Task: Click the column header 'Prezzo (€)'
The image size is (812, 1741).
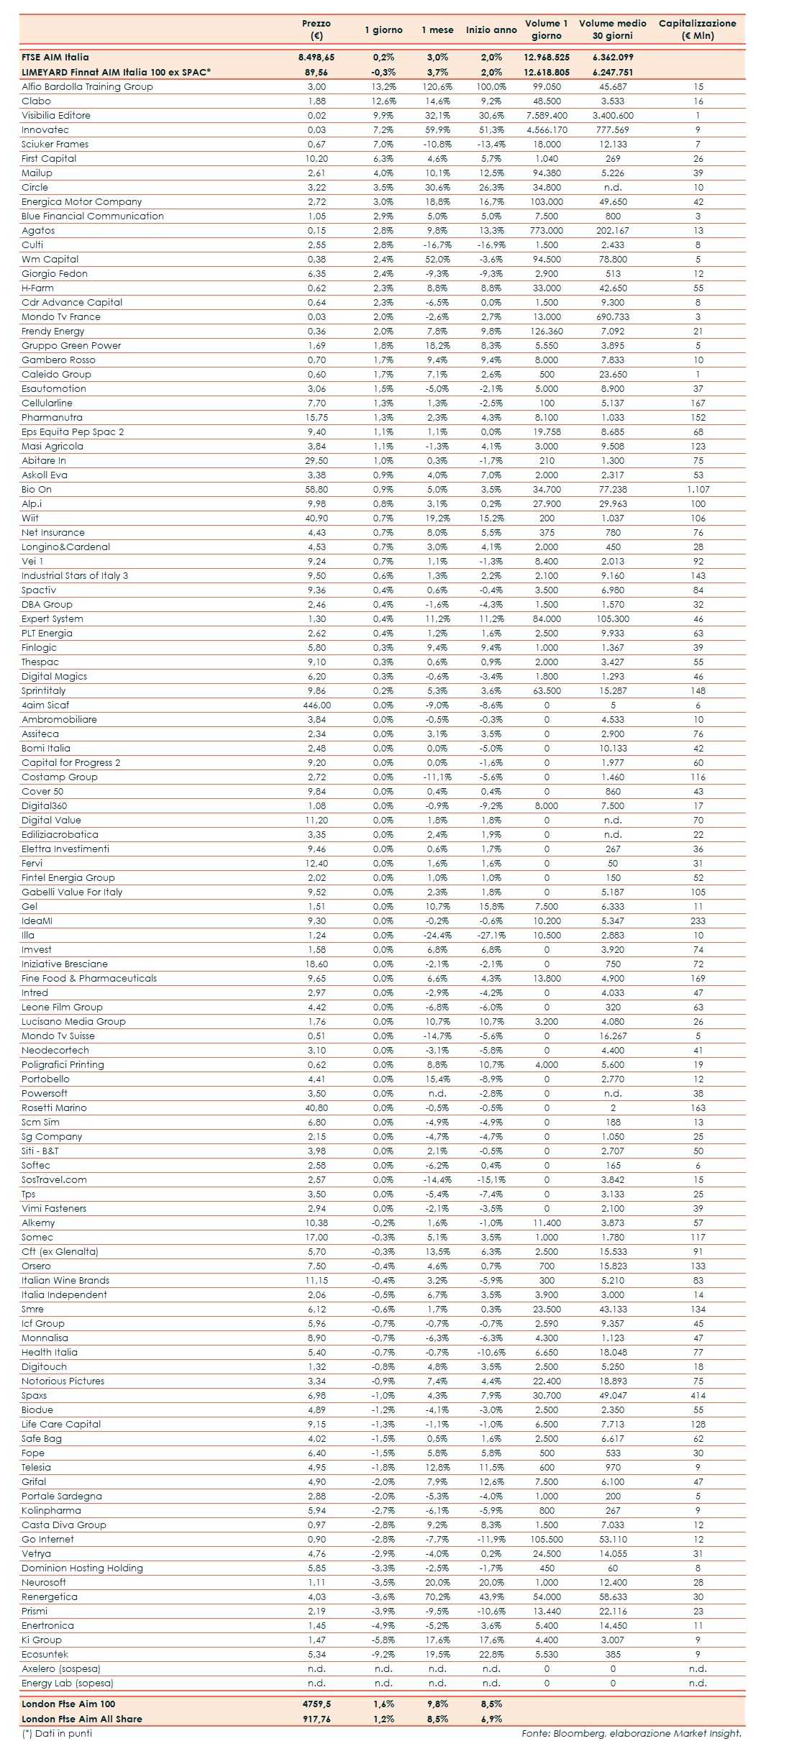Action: (x=316, y=29)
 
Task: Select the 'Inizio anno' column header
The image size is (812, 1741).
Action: (x=491, y=30)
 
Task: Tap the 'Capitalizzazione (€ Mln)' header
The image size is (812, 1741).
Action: (x=697, y=29)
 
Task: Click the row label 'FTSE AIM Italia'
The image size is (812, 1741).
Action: (x=55, y=57)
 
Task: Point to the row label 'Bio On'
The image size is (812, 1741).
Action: (x=37, y=489)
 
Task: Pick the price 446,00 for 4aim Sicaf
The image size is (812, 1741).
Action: (x=316, y=705)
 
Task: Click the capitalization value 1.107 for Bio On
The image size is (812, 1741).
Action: (x=698, y=489)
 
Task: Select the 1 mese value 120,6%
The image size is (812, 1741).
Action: (x=437, y=86)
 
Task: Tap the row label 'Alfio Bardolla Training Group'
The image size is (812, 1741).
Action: (x=87, y=86)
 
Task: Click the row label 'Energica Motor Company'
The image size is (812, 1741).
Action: (x=81, y=201)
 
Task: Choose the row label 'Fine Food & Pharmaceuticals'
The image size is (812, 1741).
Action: (x=88, y=978)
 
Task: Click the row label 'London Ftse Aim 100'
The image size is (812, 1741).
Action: (x=68, y=1704)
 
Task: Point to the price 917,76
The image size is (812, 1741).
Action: (x=316, y=1719)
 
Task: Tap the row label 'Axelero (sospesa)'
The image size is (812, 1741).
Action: (x=61, y=1668)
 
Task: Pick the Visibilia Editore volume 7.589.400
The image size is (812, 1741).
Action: (x=547, y=115)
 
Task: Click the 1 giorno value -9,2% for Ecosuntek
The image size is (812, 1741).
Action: (x=383, y=1654)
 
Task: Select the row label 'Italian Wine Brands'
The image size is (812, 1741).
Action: (x=65, y=1280)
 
